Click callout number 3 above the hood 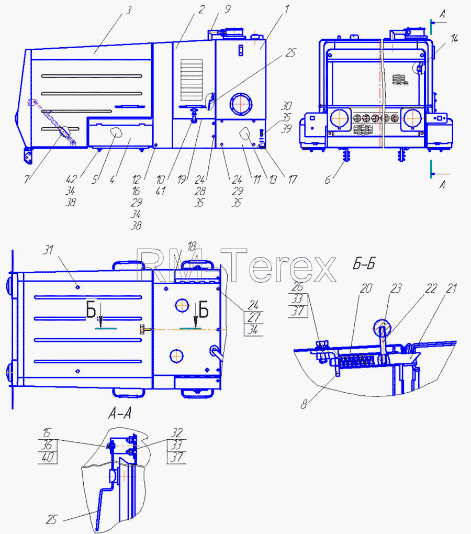pos(128,10)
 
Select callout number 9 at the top pos(228,9)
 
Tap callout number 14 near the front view pos(454,39)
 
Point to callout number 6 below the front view pos(328,180)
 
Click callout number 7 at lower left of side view pos(27,179)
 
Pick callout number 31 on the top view pos(48,250)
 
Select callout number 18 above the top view pos(192,246)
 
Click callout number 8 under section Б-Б pos(304,404)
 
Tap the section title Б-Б pos(364,263)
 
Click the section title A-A pos(119,414)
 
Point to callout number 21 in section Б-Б pos(451,288)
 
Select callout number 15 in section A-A pos(47,433)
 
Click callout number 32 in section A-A pos(177,433)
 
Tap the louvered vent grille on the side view pos(192,80)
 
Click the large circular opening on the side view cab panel pos(241,103)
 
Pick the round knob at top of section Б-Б pos(382,327)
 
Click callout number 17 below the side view pos(293,180)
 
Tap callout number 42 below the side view pos(72,179)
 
